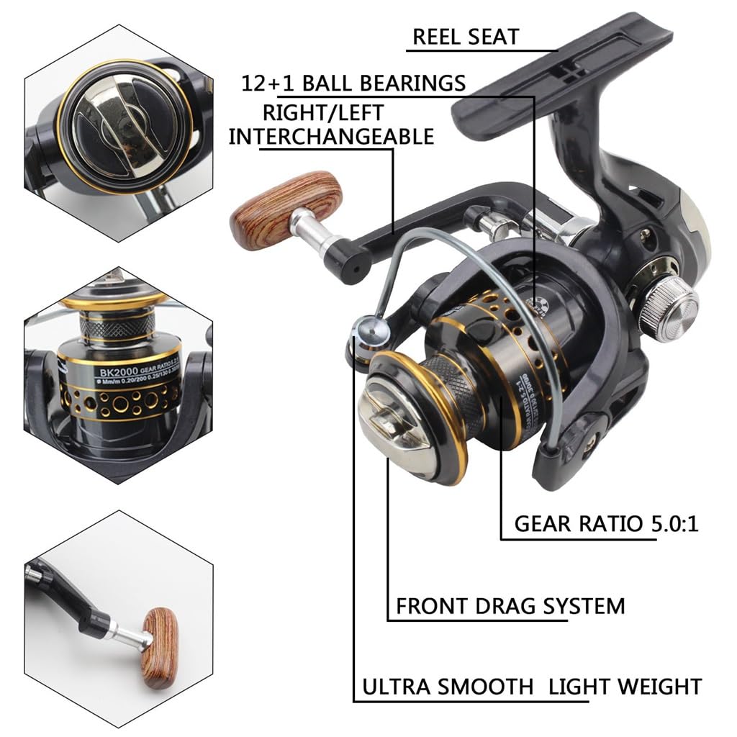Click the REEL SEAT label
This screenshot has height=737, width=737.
click(466, 37)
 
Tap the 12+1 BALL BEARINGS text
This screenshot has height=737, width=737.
click(353, 83)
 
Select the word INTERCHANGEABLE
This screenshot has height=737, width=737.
click(331, 135)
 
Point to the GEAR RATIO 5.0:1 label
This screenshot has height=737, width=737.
click(606, 523)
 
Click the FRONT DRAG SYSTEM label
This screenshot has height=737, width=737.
click(510, 605)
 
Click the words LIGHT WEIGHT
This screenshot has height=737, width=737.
click(625, 687)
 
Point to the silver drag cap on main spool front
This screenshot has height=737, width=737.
click(395, 425)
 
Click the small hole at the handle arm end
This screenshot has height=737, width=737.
click(354, 266)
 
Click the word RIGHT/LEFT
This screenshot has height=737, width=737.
click(322, 112)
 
